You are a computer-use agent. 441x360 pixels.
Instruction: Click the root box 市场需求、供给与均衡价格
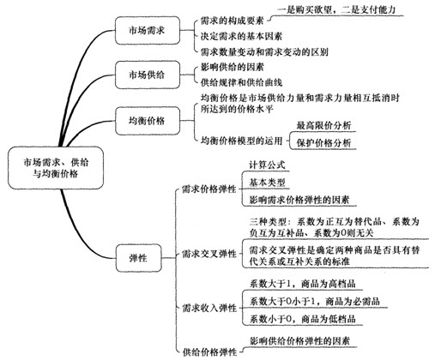pos(56,168)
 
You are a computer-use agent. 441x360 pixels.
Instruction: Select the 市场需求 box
pos(148,31)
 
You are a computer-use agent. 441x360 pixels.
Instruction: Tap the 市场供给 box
pos(148,75)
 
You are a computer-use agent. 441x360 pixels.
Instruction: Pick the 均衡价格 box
pos(148,121)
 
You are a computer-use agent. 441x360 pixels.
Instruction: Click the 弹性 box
pos(139,258)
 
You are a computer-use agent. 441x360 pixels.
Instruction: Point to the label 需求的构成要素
pos(232,21)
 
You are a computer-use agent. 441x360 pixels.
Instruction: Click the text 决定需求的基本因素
pos(241,36)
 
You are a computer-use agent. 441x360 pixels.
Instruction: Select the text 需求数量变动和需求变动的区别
pos(264,51)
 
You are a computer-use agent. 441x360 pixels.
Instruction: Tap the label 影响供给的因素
pos(232,67)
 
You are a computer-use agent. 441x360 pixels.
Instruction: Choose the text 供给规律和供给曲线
pos(241,82)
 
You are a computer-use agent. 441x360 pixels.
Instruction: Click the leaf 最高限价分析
pos(323,125)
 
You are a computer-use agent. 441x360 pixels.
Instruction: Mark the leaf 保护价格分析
pos(323,143)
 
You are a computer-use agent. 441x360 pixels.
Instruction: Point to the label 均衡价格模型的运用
pos(241,141)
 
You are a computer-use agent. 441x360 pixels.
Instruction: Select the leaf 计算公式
pos(267,165)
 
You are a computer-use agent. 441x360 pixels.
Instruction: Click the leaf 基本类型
pos(267,183)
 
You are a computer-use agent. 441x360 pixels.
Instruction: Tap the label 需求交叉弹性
pos(209,254)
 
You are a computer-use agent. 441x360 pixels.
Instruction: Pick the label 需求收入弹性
pos(209,308)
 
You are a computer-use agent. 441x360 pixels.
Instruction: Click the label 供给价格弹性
pos(209,352)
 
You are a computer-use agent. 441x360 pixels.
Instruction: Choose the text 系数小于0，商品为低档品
pos(302,319)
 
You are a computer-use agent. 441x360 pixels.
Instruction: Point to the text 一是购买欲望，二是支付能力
pos(336,10)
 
